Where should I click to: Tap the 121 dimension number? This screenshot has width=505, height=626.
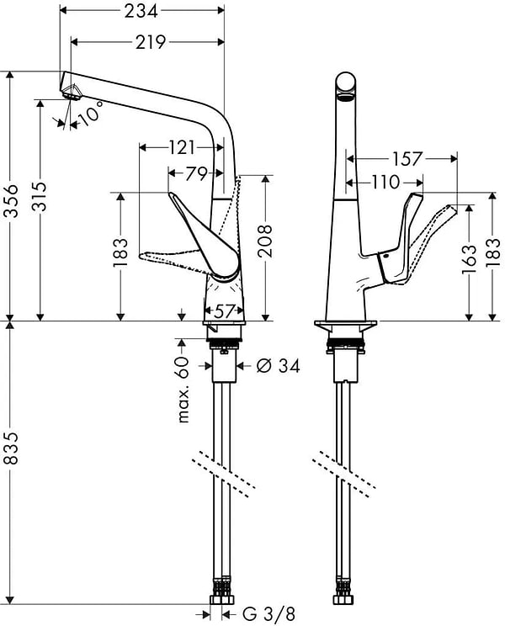pyautogui.click(x=183, y=148)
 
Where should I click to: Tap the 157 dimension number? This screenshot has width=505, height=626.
pyautogui.click(x=406, y=158)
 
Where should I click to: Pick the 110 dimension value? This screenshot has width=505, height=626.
pyautogui.click(x=386, y=182)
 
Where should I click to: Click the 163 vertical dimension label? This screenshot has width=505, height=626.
pyautogui.click(x=471, y=257)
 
